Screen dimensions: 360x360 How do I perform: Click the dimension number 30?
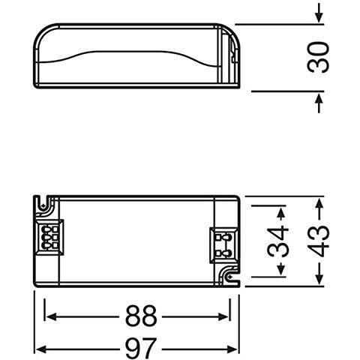pyautogui.click(x=321, y=56)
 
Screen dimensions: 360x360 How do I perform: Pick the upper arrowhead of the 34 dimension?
pyautogui.click(x=280, y=209)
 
